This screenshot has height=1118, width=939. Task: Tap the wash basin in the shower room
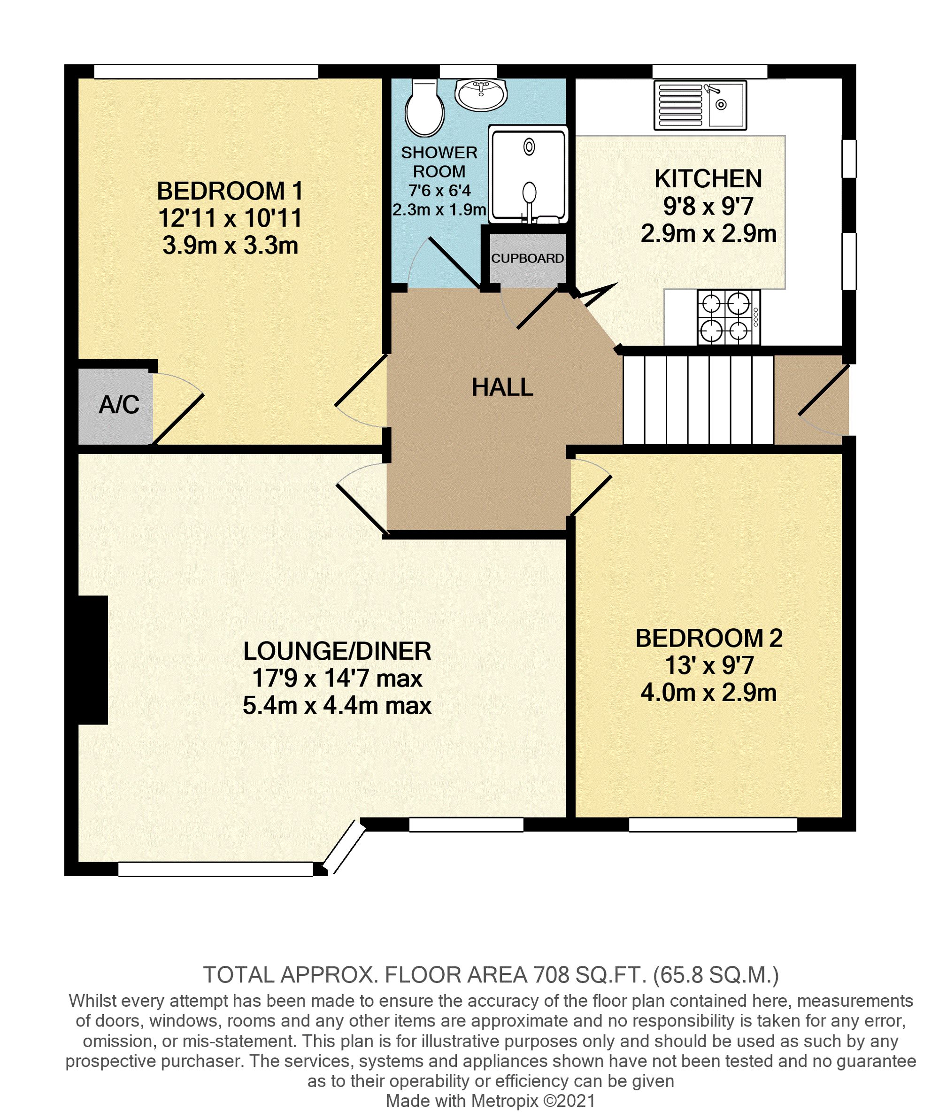[481, 95]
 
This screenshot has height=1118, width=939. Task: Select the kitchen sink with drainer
[700, 105]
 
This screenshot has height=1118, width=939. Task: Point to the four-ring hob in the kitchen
[728, 317]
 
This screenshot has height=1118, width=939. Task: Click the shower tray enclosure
[528, 175]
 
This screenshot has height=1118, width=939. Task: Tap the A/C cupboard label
[119, 405]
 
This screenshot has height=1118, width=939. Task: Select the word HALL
[502, 387]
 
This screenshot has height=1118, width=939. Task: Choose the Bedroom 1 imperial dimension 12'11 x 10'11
[230, 218]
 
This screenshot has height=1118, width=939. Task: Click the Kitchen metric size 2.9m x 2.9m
[708, 234]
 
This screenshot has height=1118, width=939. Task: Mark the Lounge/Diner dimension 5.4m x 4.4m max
[337, 706]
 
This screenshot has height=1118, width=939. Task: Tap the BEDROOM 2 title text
[709, 638]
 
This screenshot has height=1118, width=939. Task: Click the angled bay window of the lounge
[345, 847]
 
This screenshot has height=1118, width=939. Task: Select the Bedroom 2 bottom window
[713, 825]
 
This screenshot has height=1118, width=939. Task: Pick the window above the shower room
[468, 71]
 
